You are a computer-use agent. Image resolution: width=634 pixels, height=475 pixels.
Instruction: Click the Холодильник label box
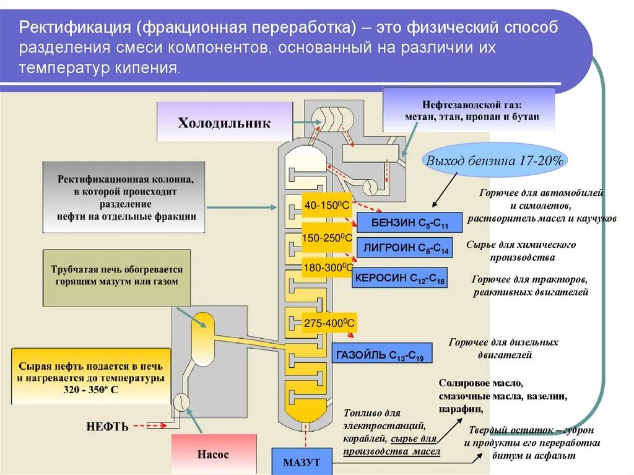224,122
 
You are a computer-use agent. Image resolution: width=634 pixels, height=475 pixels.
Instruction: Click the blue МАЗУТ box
302,461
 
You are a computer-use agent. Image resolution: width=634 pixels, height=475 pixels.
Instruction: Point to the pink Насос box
213,454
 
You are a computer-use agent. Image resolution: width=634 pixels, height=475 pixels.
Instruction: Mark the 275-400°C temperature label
329,323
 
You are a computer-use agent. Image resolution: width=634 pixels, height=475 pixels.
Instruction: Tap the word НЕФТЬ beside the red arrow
107,426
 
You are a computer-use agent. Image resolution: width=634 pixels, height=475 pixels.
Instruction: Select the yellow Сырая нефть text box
91,377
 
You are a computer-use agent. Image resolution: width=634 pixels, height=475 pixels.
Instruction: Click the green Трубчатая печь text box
116,277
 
